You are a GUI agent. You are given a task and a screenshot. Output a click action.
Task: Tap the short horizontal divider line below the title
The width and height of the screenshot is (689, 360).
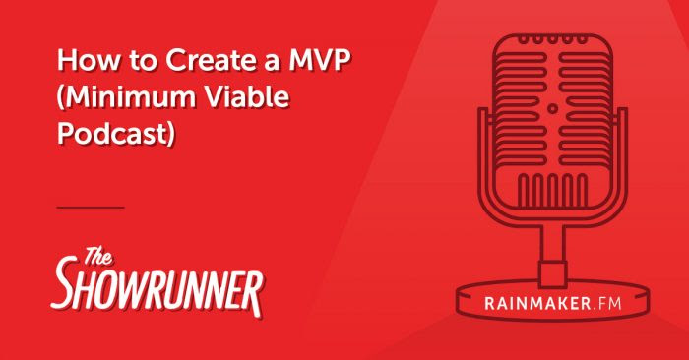coord(91,208)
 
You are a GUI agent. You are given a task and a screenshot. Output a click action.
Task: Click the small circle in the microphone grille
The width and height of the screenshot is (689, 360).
coord(552,110)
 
